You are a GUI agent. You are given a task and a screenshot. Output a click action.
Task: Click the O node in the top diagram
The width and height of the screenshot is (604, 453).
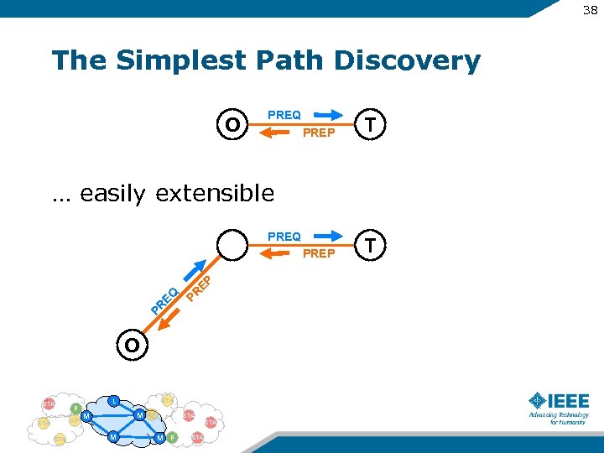232,124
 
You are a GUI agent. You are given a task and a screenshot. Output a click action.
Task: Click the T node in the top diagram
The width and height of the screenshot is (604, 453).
370,123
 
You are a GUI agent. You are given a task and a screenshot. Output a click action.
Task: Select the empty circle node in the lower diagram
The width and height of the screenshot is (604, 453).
232,245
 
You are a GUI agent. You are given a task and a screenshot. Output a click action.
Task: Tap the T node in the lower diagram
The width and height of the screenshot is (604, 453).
370,244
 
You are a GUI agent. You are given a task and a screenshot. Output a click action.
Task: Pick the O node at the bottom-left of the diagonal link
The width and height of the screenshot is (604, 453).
132,345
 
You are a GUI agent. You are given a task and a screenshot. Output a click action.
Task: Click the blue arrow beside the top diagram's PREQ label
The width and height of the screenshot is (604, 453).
328,115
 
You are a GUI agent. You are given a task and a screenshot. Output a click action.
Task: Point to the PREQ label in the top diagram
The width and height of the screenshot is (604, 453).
284,115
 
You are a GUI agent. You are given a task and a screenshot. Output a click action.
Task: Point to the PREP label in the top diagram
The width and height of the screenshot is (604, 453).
319,133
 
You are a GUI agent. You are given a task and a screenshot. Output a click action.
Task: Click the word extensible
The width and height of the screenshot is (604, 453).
215,194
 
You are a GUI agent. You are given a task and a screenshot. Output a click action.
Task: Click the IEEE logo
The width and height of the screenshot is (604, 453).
559,408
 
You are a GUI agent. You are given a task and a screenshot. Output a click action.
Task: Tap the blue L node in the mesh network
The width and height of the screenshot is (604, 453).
113,399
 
